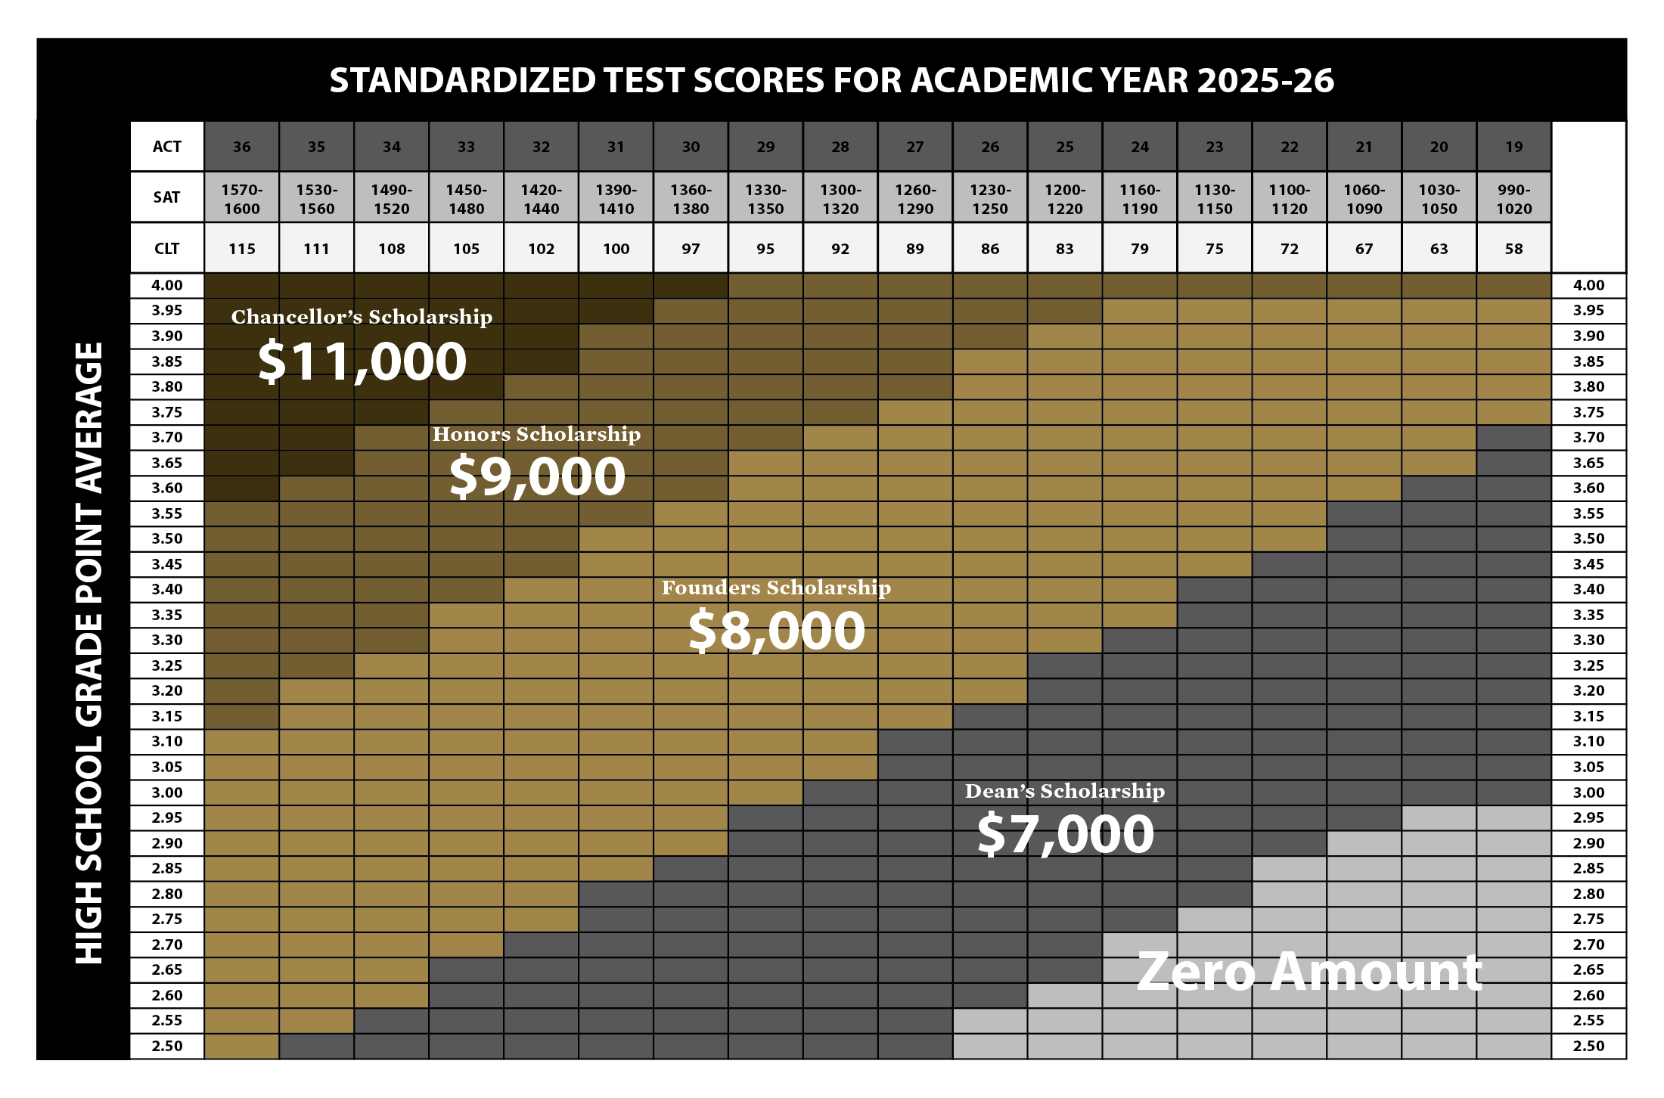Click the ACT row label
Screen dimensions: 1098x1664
tap(166, 147)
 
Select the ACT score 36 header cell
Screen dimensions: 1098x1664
tap(241, 147)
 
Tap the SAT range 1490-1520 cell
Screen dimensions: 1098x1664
tap(391, 199)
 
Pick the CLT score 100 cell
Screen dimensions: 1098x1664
tap(616, 249)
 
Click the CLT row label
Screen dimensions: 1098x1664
tap(166, 249)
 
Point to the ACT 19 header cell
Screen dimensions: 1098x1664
tap(1513, 147)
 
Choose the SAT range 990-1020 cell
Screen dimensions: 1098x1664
tap(1513, 199)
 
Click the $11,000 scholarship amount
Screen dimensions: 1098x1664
tap(362, 361)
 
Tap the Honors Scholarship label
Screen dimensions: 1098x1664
tap(536, 434)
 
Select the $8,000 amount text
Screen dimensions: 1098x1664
tap(777, 631)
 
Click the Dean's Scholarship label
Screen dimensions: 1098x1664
tap(1065, 791)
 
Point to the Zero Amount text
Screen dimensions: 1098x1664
tap(1309, 972)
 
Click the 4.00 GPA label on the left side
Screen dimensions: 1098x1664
tap(166, 286)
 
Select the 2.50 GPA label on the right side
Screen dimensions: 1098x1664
tap(1588, 1046)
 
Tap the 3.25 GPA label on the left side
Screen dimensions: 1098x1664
tap(166, 665)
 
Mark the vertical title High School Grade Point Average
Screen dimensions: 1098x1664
tap(89, 653)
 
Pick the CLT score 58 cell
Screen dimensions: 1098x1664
tap(1513, 249)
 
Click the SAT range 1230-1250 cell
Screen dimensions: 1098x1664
tap(990, 199)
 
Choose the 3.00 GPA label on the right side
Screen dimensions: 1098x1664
tap(1588, 792)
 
